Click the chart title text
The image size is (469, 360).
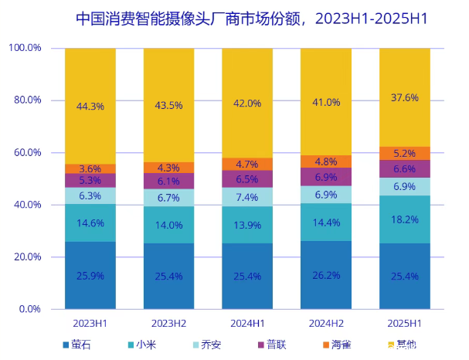pos(252,18)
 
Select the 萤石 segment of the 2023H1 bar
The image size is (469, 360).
pos(90,275)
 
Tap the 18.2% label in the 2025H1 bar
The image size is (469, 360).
pos(404,219)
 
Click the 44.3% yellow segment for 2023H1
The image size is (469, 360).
pos(90,106)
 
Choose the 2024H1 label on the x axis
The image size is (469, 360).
pos(247,321)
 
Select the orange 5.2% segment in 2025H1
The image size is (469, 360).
pos(404,154)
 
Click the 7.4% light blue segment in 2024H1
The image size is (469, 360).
pos(247,198)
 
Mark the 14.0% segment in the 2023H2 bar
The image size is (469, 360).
pos(169,225)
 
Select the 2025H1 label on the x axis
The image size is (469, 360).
pos(404,321)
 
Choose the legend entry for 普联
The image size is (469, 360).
pos(274,345)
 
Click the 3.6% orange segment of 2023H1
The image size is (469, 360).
pos(90,168)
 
